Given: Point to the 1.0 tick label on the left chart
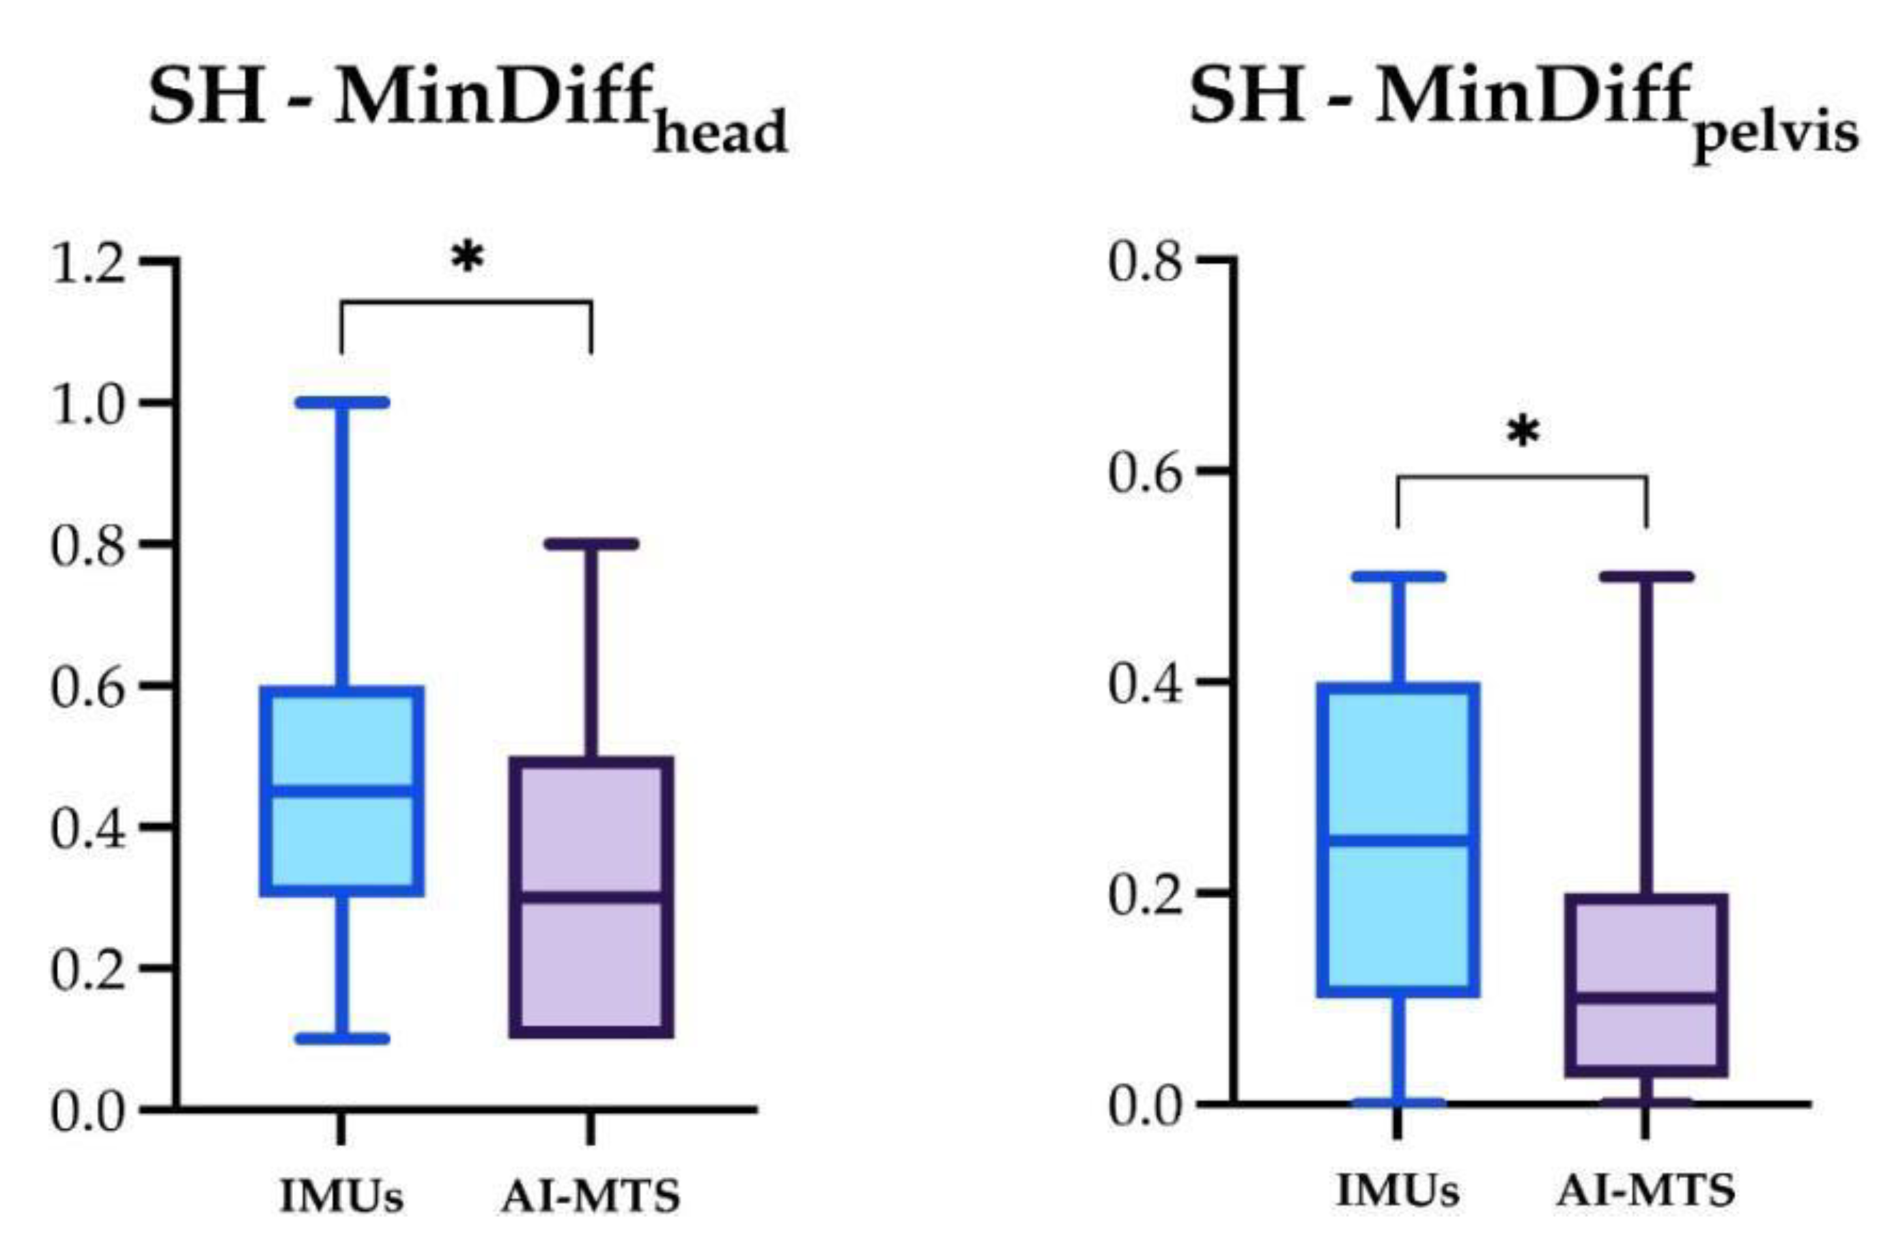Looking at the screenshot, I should coord(87,406).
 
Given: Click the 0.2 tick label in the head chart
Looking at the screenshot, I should coord(87,971).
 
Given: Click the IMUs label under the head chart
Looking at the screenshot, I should coord(341,1197).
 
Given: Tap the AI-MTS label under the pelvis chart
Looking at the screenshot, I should coord(1646,1191).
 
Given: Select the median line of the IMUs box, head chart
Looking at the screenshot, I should coord(342,791).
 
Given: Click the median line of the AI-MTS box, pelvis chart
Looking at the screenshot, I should coord(1646,998).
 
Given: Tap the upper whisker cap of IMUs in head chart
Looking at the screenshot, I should coord(342,403).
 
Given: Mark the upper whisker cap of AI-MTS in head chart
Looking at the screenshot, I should coord(591,545).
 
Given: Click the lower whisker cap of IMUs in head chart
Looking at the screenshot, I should coord(342,1039).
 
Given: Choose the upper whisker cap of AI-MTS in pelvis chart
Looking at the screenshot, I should coord(1646,577).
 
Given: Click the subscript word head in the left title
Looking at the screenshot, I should coord(720,134).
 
